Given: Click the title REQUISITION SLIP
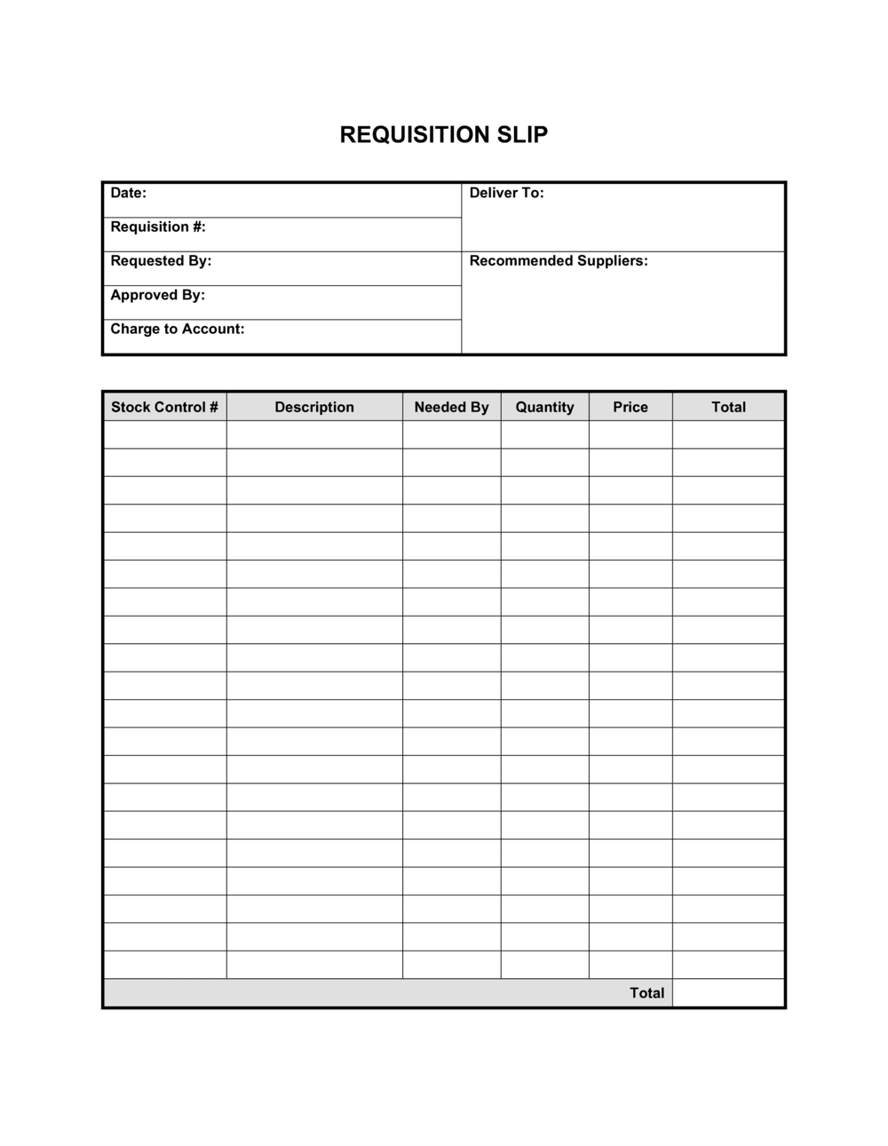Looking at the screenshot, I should (x=444, y=135).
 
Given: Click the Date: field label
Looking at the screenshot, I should (x=128, y=193).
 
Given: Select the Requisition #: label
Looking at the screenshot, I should (x=158, y=227).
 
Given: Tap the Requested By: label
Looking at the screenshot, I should (x=161, y=260).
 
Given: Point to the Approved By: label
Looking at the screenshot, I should (x=157, y=295).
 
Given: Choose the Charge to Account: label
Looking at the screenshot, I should (x=177, y=329).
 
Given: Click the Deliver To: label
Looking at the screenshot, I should (x=506, y=193).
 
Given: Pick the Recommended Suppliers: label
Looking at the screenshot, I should (x=559, y=260).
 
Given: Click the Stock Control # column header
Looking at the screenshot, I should (x=164, y=407).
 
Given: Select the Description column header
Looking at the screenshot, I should (x=314, y=407).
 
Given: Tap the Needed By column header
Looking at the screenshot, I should (x=451, y=407).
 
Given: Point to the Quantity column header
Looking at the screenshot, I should (x=544, y=407).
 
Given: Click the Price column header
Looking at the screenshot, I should (x=630, y=407).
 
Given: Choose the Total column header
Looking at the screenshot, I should (x=728, y=407).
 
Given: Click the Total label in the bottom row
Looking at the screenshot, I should (x=646, y=993).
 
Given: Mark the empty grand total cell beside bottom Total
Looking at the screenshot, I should (x=728, y=993).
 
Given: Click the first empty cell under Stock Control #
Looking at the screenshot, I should (x=164, y=434).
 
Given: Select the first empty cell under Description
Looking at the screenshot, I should (x=314, y=434).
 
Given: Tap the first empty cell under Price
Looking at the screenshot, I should (x=630, y=434).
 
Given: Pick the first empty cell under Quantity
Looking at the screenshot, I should (x=544, y=434).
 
